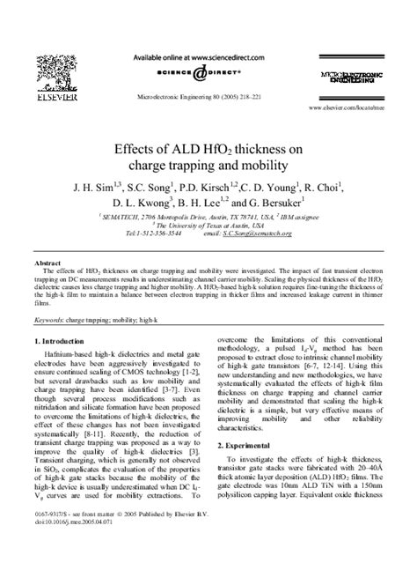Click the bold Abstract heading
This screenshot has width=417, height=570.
tap(47, 263)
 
